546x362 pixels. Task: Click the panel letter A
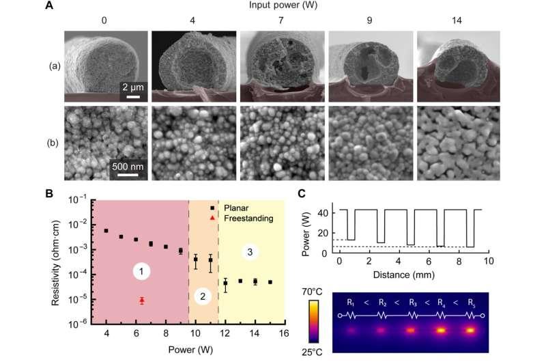48,5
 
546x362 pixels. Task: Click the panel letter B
49,193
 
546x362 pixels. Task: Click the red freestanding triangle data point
141,300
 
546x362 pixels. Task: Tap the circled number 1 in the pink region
141,272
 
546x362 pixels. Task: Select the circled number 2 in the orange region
203,296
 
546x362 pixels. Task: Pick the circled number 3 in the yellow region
251,253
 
